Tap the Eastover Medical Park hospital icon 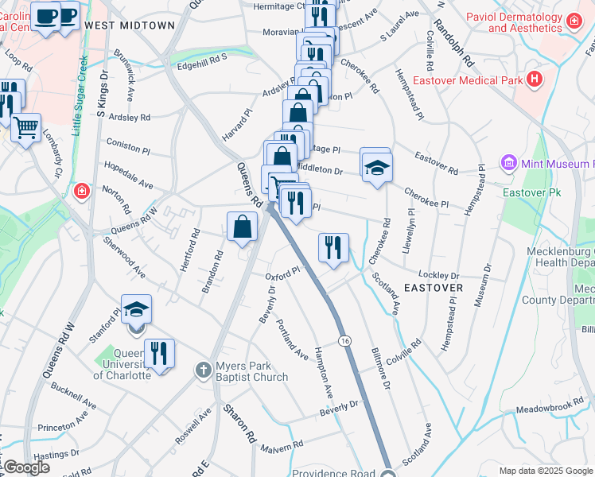point(534,79)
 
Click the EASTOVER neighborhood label point(434,287)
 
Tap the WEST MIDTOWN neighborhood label point(130,25)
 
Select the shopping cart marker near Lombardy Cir point(26,126)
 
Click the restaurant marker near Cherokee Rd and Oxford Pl point(333,247)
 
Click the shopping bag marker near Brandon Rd point(242,227)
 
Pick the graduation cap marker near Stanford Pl point(136,308)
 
